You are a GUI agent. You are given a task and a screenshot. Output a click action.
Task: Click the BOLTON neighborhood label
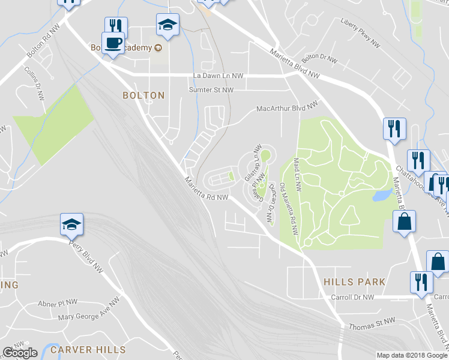(143, 95)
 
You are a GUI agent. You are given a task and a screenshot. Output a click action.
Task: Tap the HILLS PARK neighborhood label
(354, 281)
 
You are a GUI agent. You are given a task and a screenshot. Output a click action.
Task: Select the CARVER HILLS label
(88, 349)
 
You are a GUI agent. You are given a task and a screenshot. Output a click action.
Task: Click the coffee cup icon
(112, 43)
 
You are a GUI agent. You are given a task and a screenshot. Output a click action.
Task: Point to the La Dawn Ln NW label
(218, 76)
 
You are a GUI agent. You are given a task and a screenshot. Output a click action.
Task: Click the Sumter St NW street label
(211, 90)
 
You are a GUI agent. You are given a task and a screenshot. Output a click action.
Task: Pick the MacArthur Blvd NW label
(286, 108)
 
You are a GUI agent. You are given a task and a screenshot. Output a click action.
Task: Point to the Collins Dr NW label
(34, 86)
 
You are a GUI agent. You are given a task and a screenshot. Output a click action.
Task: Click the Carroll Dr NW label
(352, 297)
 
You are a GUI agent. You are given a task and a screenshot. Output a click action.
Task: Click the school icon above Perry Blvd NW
(71, 225)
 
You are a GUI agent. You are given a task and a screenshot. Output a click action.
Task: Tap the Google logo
(20, 352)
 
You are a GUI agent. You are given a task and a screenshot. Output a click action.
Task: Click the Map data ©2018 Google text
(411, 355)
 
